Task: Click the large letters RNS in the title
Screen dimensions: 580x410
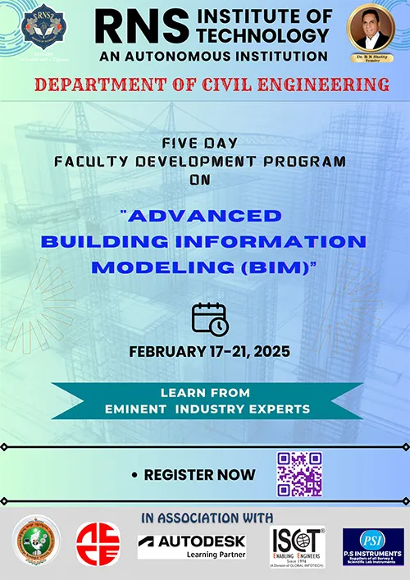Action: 130,27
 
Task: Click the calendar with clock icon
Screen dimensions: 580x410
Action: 209,319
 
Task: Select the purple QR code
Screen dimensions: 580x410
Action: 298,474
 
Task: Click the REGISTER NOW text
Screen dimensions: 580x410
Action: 199,474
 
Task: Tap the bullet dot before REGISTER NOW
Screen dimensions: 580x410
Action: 134,475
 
